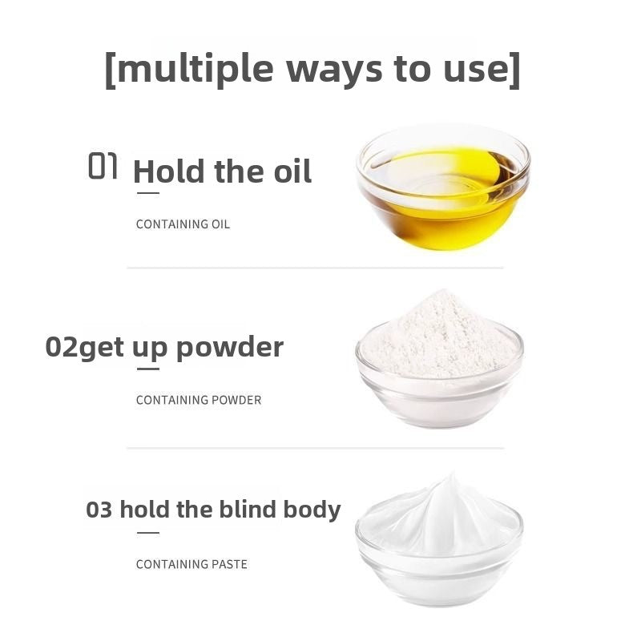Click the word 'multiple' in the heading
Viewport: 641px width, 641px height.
pyautogui.click(x=195, y=68)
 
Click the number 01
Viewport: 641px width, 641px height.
pyautogui.click(x=103, y=166)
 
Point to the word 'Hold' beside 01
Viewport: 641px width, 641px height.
pyautogui.click(x=169, y=171)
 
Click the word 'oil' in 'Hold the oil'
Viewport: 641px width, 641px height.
pyautogui.click(x=292, y=171)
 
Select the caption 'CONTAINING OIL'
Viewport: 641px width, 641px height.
pyautogui.click(x=183, y=224)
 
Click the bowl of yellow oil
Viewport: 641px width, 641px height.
pyautogui.click(x=443, y=187)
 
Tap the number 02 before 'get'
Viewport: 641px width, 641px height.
pyautogui.click(x=62, y=347)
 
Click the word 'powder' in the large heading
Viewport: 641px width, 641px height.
pyautogui.click(x=230, y=349)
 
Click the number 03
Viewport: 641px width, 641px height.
pyautogui.click(x=99, y=510)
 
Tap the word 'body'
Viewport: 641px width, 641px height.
pyautogui.click(x=312, y=510)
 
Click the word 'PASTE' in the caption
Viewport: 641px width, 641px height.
pyautogui.click(x=229, y=564)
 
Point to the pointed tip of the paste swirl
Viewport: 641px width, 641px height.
pyautogui.click(x=452, y=474)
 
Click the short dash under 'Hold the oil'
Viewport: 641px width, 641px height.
pyautogui.click(x=148, y=193)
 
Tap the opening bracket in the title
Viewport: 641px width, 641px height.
pyautogui.click(x=110, y=70)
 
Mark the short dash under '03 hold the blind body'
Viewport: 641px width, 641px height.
pyautogui.click(x=148, y=533)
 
